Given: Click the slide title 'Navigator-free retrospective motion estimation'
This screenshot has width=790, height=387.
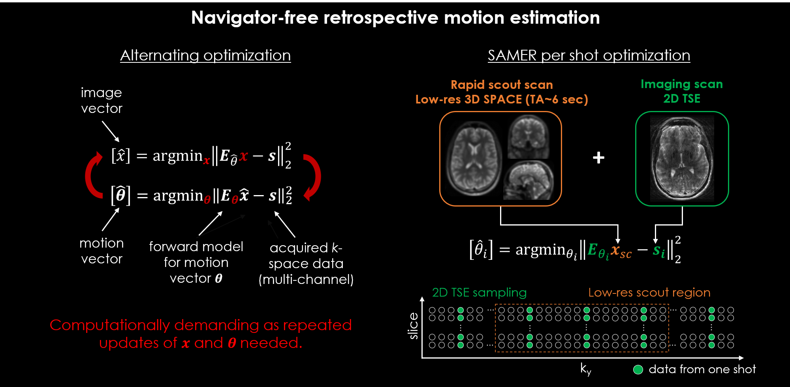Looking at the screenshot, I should point(395,18).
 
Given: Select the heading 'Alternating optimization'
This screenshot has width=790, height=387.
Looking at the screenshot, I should point(205,55).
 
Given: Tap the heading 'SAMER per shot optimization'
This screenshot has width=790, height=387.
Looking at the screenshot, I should point(589,55).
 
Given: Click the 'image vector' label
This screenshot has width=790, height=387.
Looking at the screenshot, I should point(102,100).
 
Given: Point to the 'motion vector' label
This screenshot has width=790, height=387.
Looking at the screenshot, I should point(102,251).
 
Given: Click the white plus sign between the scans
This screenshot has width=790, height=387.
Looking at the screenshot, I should point(598,158).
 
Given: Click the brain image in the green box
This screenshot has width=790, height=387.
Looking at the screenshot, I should point(682,158).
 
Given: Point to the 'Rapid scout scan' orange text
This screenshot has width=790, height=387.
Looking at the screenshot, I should point(502,85).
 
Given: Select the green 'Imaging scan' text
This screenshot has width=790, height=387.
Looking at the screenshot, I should point(681,84).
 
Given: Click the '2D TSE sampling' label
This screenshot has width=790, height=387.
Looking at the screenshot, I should point(479,292).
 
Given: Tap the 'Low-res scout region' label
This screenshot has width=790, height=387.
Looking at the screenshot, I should point(649,292).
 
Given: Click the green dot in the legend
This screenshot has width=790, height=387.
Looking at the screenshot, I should point(638,370).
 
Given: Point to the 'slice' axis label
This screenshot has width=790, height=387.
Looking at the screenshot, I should point(413,326).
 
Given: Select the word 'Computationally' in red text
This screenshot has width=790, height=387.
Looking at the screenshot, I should point(109,325).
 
